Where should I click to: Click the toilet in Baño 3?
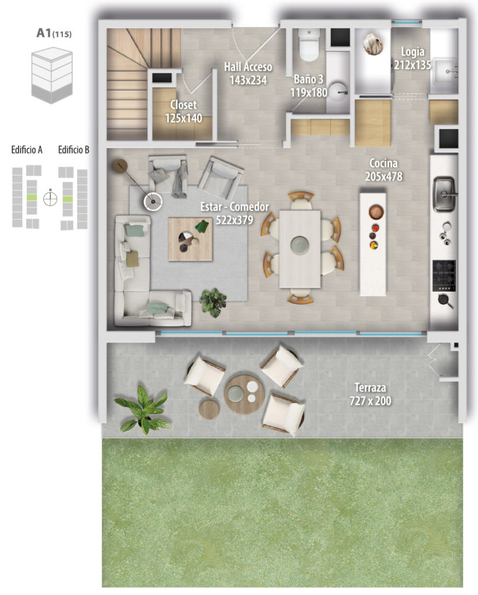[309, 45]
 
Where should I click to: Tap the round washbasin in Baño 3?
[337, 92]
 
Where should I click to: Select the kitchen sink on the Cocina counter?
[444, 194]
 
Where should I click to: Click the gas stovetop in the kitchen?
[444, 275]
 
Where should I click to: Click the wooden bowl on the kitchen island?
[376, 212]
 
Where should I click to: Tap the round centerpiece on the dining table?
[299, 245]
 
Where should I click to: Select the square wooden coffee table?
[190, 239]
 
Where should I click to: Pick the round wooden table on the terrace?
[244, 395]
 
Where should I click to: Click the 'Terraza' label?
[370, 388]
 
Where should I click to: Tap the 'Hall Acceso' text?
[248, 67]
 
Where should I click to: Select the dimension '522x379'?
[234, 220]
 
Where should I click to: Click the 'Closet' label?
[183, 105]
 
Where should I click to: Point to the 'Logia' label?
[413, 51]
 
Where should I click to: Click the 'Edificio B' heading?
[74, 150]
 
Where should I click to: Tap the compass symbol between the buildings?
[50, 198]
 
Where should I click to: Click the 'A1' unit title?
[44, 33]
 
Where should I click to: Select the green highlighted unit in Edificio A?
[32, 198]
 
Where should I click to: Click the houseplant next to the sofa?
[213, 302]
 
